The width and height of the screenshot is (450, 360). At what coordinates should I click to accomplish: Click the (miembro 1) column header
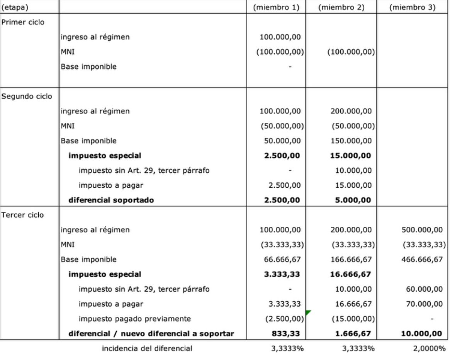276,7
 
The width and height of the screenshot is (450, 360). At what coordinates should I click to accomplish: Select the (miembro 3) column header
412,7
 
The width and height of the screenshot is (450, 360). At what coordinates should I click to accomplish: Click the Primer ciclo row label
23,22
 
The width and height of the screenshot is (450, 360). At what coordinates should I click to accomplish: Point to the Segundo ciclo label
27,97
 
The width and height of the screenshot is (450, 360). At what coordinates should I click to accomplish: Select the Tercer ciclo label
23,215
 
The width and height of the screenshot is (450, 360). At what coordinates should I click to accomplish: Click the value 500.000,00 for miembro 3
422,230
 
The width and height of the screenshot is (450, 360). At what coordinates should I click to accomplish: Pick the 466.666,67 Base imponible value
422,260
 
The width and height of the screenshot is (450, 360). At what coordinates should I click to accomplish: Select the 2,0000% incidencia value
429,348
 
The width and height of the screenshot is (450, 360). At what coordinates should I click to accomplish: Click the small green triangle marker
308,312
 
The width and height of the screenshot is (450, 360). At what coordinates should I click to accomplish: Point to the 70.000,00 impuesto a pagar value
424,304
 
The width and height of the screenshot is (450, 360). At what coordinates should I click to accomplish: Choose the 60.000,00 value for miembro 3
424,289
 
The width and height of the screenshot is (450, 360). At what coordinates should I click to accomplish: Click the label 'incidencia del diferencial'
147,348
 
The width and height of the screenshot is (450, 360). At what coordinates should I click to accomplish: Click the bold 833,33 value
287,333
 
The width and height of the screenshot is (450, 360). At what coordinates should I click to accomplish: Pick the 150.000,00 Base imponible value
351,141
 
